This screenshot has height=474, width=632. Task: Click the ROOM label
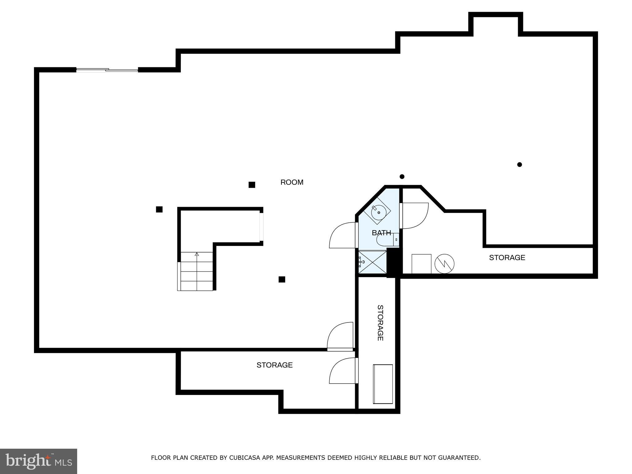coord(292,182)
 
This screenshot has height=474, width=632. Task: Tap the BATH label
coord(381,233)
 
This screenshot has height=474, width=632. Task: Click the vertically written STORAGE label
coord(380,323)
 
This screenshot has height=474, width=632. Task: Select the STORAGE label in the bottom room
coord(274,365)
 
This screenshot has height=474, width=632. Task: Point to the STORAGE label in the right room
coord(507,258)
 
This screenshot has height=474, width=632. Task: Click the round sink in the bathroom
coord(378,213)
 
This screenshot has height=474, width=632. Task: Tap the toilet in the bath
coord(386,239)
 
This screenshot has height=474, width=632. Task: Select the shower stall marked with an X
coord(372,262)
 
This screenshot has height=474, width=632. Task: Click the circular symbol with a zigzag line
coord(444,264)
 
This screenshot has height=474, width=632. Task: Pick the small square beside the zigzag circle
coord(421,264)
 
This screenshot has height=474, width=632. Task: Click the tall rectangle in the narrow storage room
coord(383,384)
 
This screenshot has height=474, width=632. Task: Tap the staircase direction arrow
coord(197,254)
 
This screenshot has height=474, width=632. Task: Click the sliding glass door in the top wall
coord(107,70)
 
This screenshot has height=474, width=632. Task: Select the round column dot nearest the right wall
coord(519,164)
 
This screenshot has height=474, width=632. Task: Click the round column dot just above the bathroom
coord(402,177)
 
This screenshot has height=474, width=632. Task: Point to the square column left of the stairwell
coord(159,210)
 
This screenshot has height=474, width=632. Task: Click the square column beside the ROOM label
coord(252,185)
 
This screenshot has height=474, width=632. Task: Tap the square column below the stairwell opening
coord(282,279)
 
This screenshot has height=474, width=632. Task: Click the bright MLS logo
coord(38,461)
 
